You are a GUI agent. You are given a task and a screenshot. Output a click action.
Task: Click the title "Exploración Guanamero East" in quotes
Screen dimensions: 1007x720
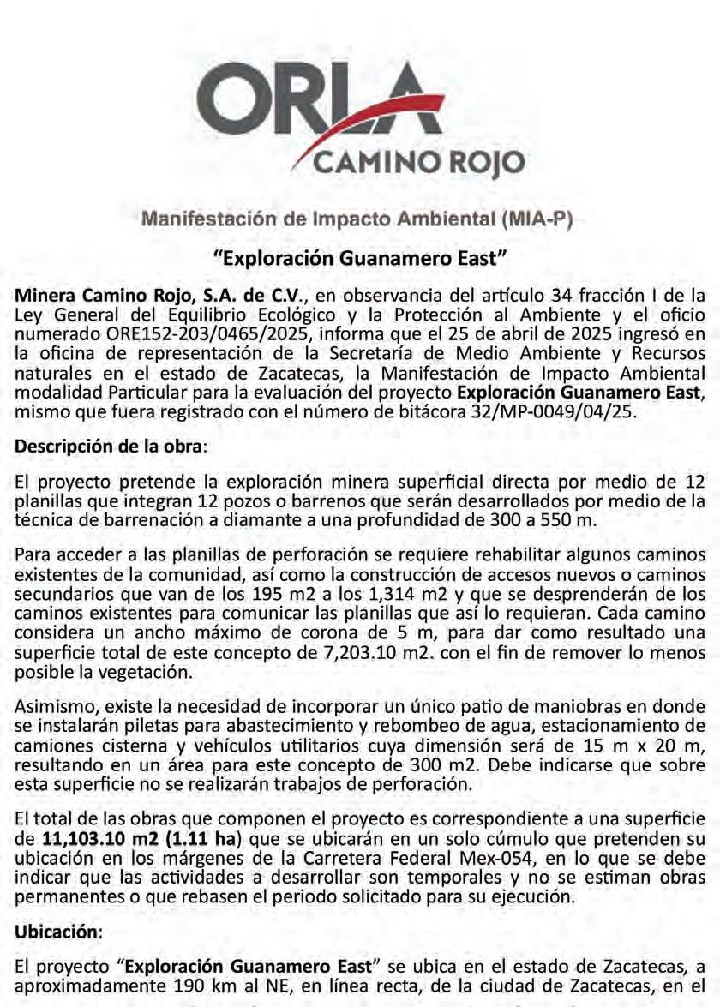(361, 256)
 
